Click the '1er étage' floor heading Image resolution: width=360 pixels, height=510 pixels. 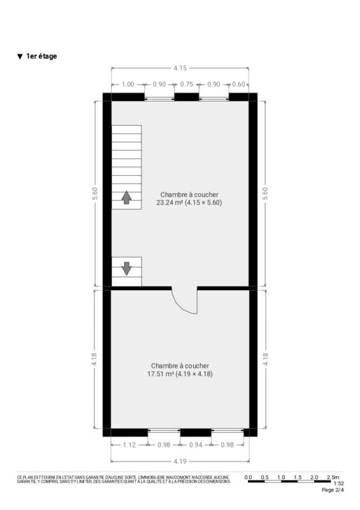(41, 56)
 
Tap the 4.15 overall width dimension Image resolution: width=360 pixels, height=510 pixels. (180, 68)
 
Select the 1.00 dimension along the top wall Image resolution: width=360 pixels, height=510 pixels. (128, 84)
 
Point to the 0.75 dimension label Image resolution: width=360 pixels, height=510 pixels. (187, 84)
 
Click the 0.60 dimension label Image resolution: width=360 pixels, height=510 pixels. (238, 84)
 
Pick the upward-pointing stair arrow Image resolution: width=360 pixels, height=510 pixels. (127, 198)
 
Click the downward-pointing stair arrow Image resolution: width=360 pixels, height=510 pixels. (127, 268)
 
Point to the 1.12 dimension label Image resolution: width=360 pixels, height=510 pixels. (129, 444)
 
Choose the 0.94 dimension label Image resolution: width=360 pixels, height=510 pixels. (196, 444)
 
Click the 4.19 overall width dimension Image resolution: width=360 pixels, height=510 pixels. (180, 461)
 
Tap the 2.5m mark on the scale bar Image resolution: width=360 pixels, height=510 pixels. (333, 477)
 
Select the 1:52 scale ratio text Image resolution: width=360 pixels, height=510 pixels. (338, 483)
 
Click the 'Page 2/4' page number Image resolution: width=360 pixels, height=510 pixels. (333, 490)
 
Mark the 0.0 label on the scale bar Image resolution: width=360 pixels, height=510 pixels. (248, 477)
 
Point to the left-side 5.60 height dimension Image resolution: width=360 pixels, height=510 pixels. (95, 194)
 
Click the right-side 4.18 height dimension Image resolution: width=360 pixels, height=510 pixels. (265, 359)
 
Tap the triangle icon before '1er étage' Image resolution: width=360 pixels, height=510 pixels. (20, 57)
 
